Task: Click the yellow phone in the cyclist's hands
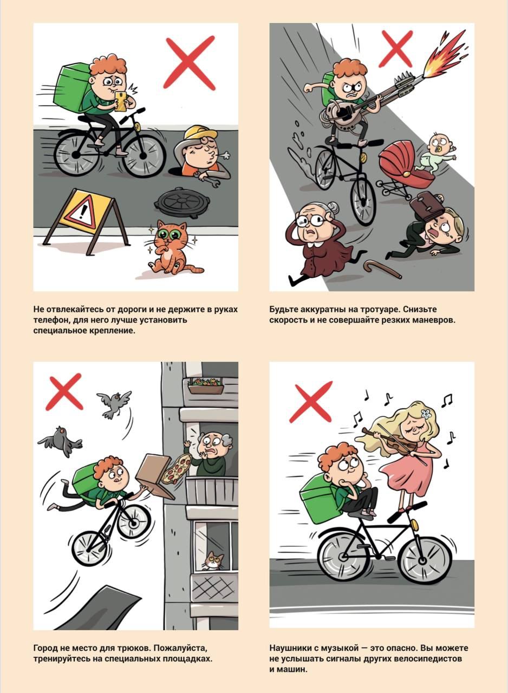point(121,101)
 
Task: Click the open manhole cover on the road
point(181,202)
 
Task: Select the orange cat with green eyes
point(172,247)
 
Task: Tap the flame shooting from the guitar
point(446,55)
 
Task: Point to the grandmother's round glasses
point(311,220)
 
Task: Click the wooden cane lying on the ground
point(382,270)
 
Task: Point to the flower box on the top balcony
point(206,386)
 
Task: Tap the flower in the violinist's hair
point(427,413)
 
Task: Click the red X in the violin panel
point(310,402)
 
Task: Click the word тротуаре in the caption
point(379,310)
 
